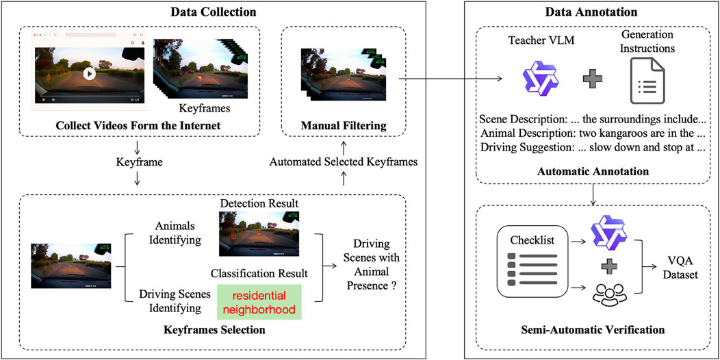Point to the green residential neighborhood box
[260, 303]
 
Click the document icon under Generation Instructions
[646, 81]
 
